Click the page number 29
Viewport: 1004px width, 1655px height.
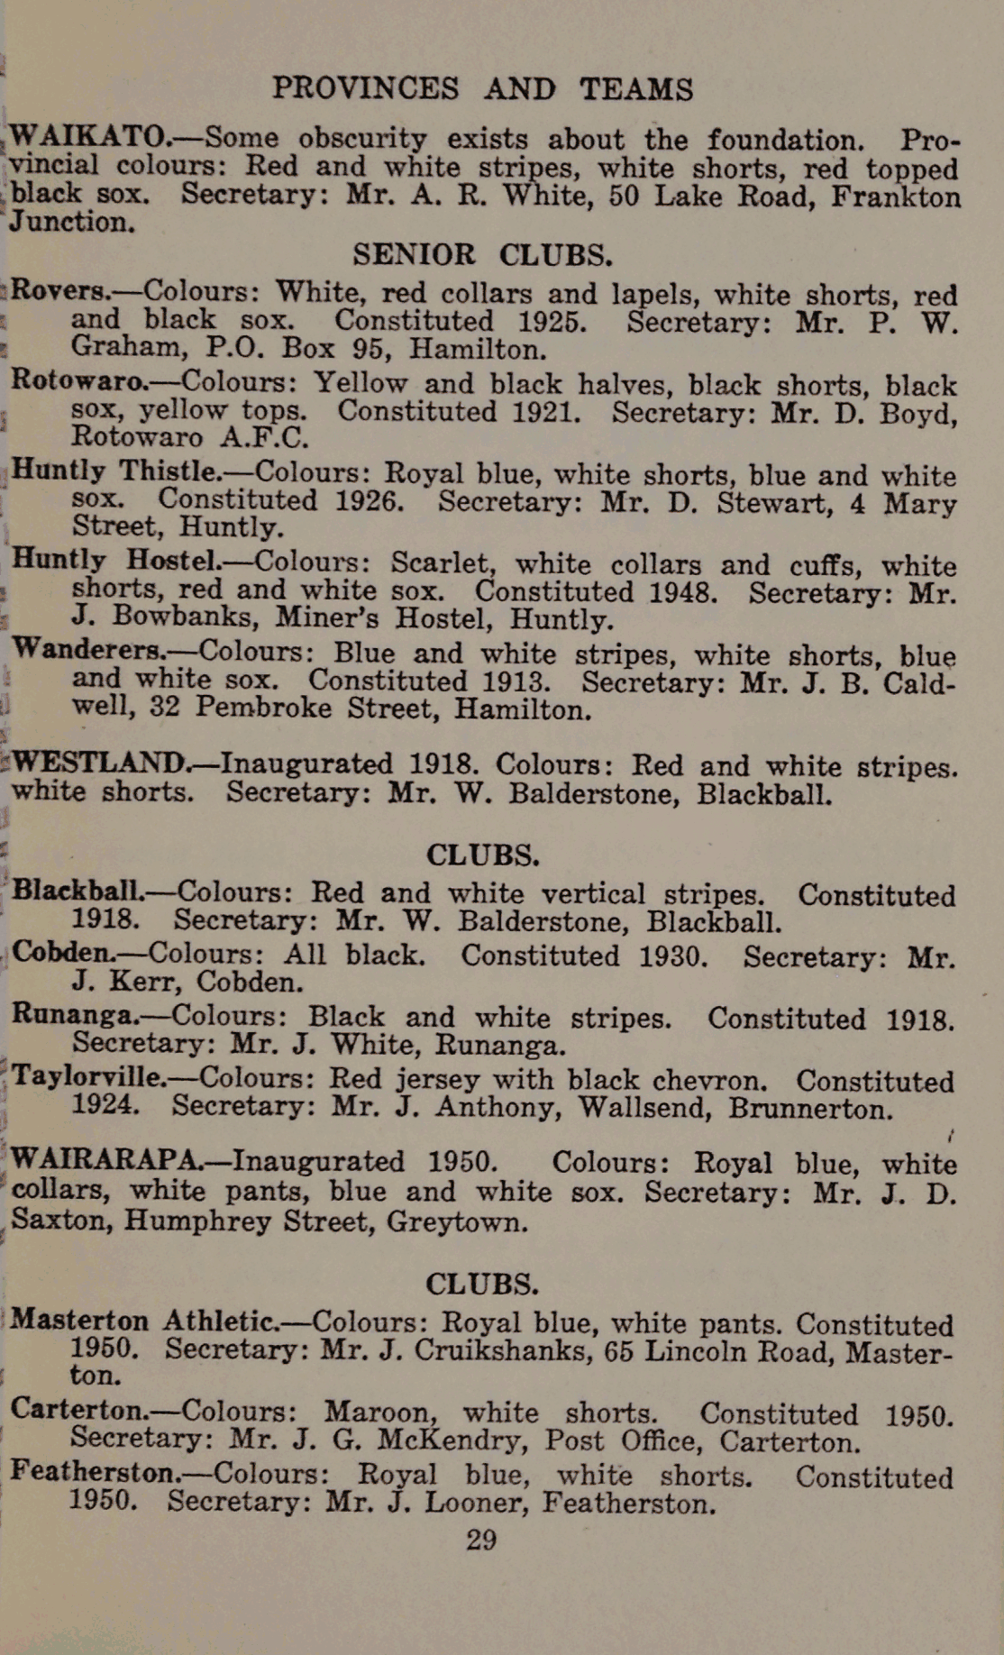click(481, 1540)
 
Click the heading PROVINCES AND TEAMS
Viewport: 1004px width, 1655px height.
click(483, 88)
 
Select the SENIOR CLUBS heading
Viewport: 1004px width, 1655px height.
click(482, 255)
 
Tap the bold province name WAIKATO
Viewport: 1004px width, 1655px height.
click(87, 137)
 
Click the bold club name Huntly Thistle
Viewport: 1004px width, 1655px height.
click(114, 471)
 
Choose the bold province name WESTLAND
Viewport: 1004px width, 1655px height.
click(99, 763)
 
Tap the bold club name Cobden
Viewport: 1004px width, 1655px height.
click(59, 953)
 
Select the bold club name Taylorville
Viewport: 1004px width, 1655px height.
click(87, 1076)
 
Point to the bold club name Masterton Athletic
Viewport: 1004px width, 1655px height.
click(142, 1321)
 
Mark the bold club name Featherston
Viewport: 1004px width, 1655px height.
click(95, 1472)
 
